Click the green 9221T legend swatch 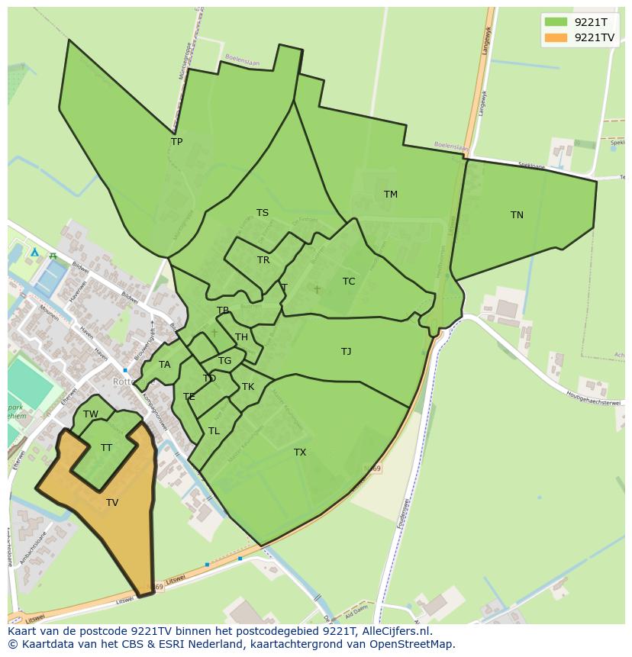[556, 21]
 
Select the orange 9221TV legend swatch [556, 37]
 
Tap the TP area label [176, 142]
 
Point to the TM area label [390, 195]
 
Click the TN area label [517, 215]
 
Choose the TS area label [262, 213]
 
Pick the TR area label [263, 260]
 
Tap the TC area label [349, 282]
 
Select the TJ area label [346, 352]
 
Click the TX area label [300, 452]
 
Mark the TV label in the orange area [112, 503]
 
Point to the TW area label [91, 414]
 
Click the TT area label [106, 448]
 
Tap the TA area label [164, 365]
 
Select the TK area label [248, 387]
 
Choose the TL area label [214, 431]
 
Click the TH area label [241, 337]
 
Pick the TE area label [189, 397]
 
